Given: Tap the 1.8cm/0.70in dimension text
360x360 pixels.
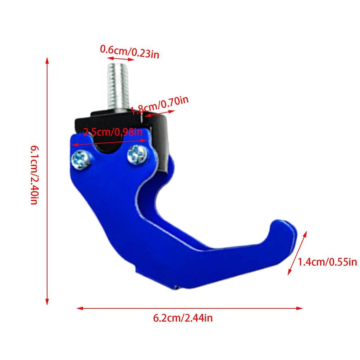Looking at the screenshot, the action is click(x=159, y=105).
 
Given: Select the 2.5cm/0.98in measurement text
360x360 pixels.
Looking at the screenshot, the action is click(x=112, y=132).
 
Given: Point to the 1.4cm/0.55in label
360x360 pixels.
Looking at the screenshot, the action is click(x=327, y=262).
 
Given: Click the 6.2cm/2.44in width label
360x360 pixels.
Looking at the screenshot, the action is click(x=183, y=319).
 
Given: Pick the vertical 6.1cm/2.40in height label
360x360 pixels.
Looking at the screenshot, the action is click(x=34, y=176).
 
